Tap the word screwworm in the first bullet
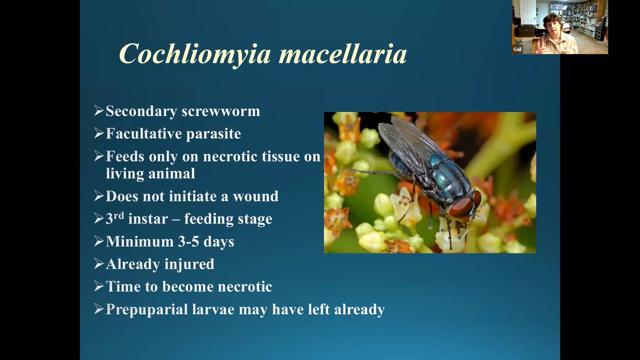[221, 111]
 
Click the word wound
[255, 196]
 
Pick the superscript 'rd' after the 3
[119, 215]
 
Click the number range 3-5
[188, 241]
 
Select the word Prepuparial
[147, 310]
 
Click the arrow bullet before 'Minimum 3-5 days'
[99, 241]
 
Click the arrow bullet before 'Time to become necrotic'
[99, 286]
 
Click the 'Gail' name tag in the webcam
[517, 49]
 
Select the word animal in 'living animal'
[172, 173]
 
